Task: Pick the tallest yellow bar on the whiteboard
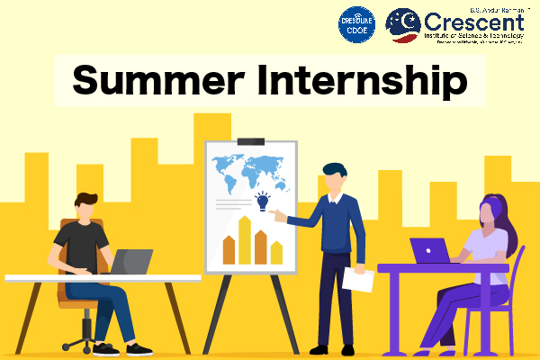244,238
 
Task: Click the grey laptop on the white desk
126,262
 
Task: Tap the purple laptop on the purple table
429,250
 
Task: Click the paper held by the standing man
357,280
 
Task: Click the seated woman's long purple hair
499,225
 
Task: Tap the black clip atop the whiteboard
251,141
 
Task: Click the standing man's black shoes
333,349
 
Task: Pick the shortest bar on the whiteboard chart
276,253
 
